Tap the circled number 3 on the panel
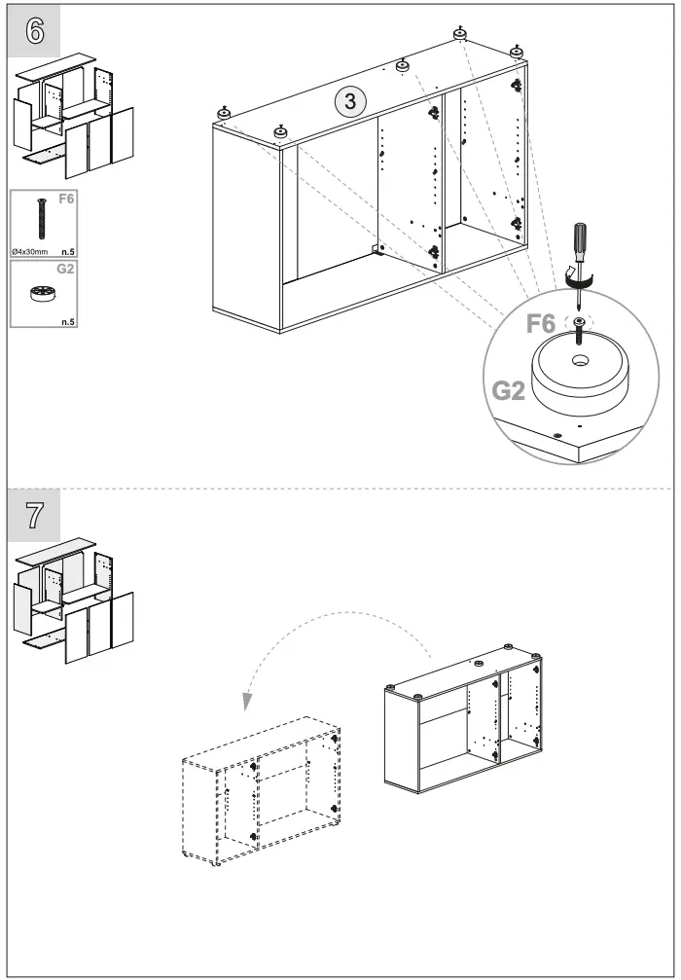point(350,100)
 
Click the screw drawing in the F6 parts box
point(42,219)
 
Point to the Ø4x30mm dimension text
point(30,251)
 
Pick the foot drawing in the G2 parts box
point(42,294)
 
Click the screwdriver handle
point(579,241)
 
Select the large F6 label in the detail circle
point(541,324)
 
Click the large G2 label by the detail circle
point(508,391)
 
